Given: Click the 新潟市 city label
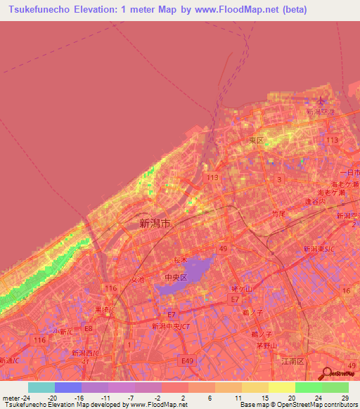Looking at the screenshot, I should [x=155, y=224].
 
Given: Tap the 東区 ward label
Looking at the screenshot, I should [x=256, y=141].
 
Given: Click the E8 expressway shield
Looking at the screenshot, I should [x=88, y=328].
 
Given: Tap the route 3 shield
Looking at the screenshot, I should [x=280, y=180].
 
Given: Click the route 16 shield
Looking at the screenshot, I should [x=345, y=290].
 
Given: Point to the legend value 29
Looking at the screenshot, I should [x=344, y=398].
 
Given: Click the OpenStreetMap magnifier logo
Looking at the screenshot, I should [x=326, y=373].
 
